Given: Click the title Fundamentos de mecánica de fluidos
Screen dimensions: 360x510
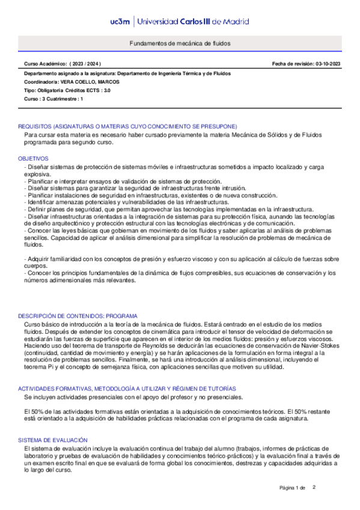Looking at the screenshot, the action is pyautogui.click(x=180, y=44).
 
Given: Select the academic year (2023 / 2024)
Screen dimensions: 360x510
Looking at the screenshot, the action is pyautogui.click(x=85, y=63).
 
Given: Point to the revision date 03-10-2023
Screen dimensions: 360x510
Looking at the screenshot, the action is pyautogui.click(x=326, y=63).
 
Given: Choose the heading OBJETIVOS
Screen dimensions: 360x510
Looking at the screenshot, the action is pyautogui.click(x=34, y=158).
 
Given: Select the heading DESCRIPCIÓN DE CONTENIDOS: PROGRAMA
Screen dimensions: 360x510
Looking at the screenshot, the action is pyautogui.click(x=78, y=316).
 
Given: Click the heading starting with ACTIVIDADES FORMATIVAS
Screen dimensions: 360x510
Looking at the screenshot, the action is pyautogui.click(x=127, y=372).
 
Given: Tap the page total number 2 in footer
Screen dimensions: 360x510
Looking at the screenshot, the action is pyautogui.click(x=314, y=487).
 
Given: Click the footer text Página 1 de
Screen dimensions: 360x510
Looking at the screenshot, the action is pyautogui.click(x=293, y=488).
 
